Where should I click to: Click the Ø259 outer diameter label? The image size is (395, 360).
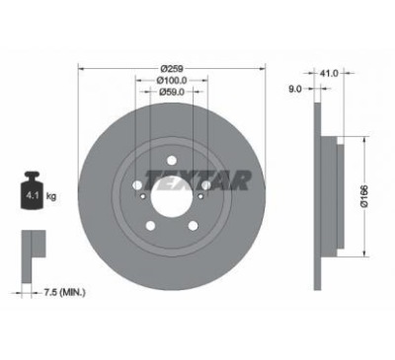[x=171, y=69]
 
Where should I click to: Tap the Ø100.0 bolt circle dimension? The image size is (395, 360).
[x=172, y=80]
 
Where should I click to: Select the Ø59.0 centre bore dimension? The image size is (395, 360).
[x=172, y=92]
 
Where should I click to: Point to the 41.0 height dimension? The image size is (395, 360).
[x=329, y=73]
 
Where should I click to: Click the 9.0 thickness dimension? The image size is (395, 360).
[x=295, y=89]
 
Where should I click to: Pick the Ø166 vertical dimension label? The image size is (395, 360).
[x=364, y=196]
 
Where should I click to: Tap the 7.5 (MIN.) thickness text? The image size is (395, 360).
[x=65, y=292]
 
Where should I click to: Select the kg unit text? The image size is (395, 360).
[x=51, y=197]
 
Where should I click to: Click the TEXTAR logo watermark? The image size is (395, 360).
[x=197, y=180]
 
